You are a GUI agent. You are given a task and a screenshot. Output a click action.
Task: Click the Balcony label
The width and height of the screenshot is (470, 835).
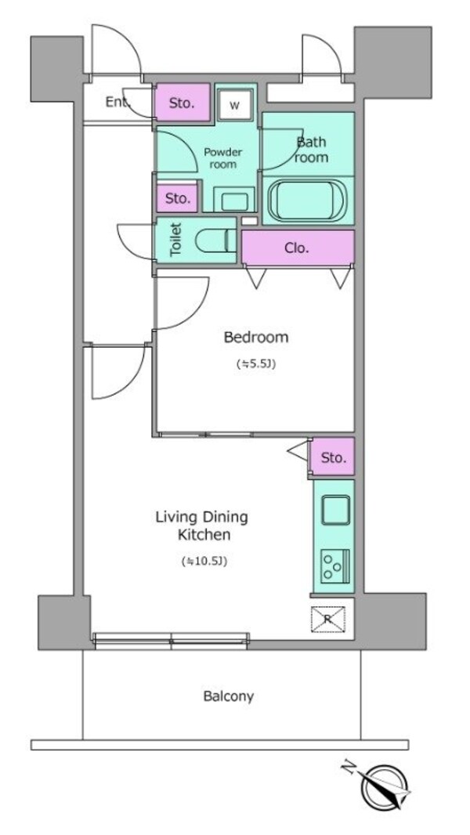click(x=229, y=696)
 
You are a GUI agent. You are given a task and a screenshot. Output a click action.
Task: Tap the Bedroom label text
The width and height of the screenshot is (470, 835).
click(x=256, y=337)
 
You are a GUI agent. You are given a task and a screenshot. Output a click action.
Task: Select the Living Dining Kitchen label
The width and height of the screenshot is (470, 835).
click(x=202, y=526)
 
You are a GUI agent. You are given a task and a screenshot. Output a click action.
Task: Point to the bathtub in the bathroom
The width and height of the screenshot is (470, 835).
click(x=307, y=201)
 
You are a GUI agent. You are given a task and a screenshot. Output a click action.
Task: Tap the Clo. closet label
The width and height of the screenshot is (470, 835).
click(x=297, y=248)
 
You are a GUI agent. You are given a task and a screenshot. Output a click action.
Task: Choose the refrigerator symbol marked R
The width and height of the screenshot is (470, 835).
click(x=328, y=619)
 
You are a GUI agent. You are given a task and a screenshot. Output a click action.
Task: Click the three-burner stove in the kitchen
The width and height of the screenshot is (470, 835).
click(x=335, y=566)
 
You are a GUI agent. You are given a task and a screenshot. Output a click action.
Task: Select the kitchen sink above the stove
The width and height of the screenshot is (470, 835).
click(x=336, y=510)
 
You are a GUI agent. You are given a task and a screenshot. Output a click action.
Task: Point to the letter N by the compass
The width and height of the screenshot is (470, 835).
click(x=349, y=768)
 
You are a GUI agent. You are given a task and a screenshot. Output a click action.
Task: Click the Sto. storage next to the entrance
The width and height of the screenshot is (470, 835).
click(x=182, y=103)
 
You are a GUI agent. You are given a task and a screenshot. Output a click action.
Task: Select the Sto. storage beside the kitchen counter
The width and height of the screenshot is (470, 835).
click(x=333, y=457)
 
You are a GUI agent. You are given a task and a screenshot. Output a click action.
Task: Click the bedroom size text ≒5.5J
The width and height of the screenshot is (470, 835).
click(x=255, y=364)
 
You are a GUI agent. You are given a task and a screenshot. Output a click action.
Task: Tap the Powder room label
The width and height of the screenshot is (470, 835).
click(x=223, y=158)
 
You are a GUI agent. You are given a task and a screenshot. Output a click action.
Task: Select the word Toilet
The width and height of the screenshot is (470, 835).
click(x=176, y=240)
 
